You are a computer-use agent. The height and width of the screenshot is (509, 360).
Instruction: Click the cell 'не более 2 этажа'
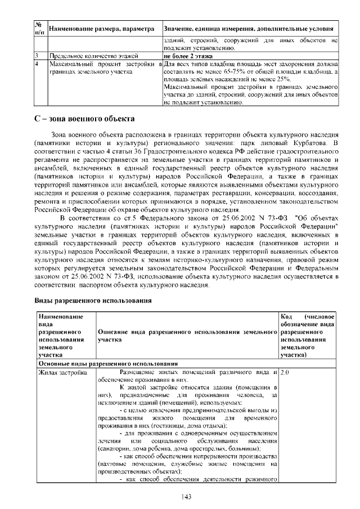pos(188,56)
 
